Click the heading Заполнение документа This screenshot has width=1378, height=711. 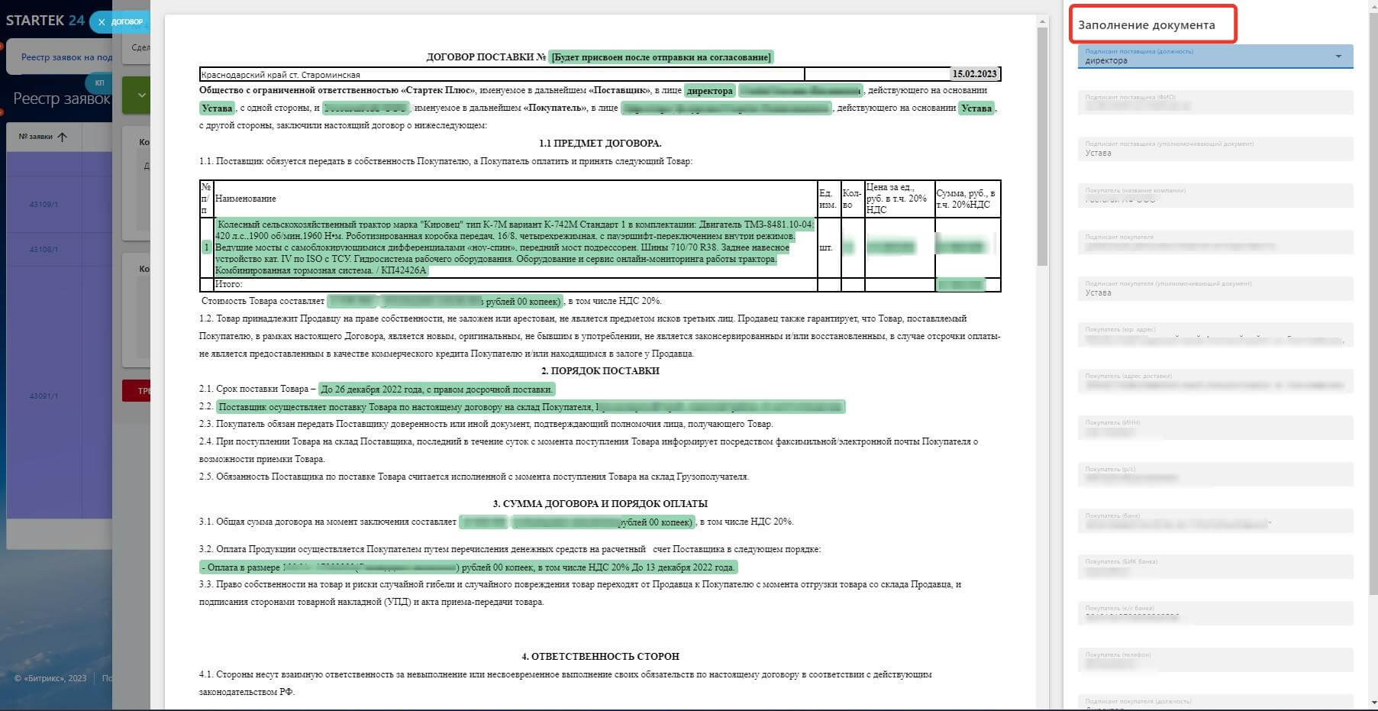click(x=1146, y=25)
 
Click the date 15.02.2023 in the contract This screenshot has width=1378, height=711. click(x=974, y=74)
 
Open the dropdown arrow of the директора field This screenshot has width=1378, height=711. click(x=1338, y=57)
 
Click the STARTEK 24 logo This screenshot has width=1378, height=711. click(x=45, y=21)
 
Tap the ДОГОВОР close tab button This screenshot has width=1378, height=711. click(x=102, y=22)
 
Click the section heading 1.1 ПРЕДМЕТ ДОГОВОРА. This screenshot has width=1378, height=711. click(x=600, y=143)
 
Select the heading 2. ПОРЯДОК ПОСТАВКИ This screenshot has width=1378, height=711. click(x=600, y=370)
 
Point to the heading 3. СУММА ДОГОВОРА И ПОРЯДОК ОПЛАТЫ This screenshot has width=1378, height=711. click(x=600, y=503)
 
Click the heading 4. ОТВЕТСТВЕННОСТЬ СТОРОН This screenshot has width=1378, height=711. click(x=600, y=656)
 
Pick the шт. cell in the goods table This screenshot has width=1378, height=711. click(x=825, y=247)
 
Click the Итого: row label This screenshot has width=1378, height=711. click(x=229, y=284)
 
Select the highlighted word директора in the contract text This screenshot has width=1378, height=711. click(x=709, y=91)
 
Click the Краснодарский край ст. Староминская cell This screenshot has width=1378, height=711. click(x=280, y=75)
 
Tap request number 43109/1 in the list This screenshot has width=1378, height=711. click(x=44, y=205)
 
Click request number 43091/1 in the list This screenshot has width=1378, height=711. click(x=44, y=396)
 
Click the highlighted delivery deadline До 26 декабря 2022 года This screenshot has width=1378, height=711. click(x=436, y=389)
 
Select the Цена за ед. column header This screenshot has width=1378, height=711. click(x=896, y=198)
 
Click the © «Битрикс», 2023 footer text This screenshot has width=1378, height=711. click(x=50, y=678)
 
